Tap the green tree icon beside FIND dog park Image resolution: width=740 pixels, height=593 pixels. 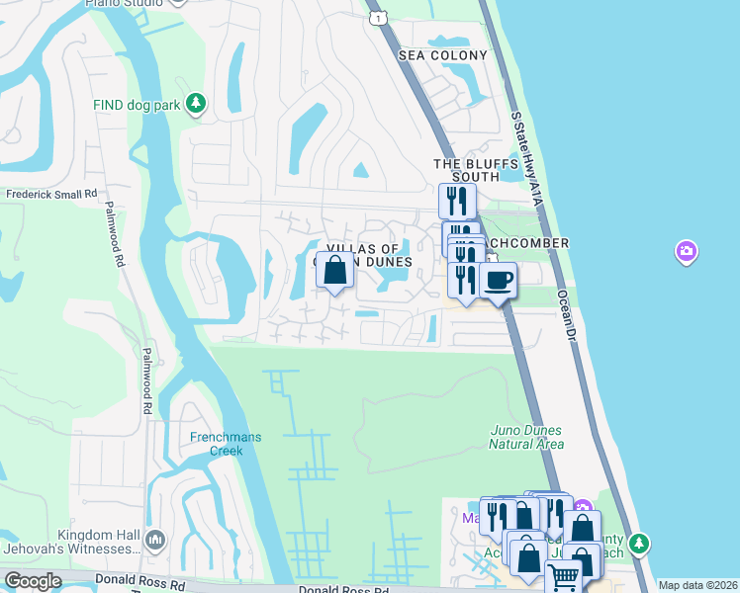[196, 103]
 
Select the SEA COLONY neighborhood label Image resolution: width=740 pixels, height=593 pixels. [443, 55]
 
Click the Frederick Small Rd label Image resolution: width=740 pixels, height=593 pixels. [51, 195]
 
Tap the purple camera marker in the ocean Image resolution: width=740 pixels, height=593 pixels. [686, 252]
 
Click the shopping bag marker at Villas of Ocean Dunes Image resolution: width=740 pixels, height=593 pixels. [334, 269]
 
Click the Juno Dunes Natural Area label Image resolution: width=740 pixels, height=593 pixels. [525, 437]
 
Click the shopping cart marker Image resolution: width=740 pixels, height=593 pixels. [564, 577]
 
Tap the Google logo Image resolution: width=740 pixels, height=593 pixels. [34, 581]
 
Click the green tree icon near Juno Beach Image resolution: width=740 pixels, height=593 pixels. [639, 543]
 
